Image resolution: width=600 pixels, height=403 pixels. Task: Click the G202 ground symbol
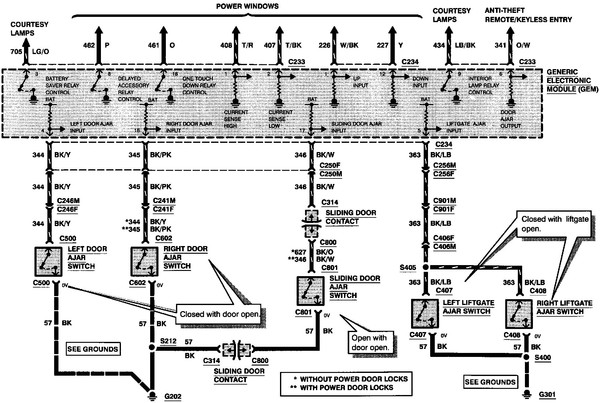[151, 394]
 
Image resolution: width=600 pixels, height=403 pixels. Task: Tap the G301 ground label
[547, 394]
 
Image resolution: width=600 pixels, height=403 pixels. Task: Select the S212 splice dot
[151, 347]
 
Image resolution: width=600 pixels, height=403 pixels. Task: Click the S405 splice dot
[426, 267]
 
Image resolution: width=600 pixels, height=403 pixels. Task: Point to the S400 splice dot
[526, 357]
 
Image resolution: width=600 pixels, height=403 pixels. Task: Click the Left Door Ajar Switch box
[48, 261]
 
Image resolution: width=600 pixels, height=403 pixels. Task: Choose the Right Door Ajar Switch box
[144, 261]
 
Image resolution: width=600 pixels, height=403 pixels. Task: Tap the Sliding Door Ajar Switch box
[310, 291]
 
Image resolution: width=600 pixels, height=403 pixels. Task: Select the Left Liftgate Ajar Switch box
[425, 314]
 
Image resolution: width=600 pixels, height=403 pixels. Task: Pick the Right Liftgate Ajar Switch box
[519, 314]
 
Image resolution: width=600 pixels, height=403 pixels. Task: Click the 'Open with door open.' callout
[371, 342]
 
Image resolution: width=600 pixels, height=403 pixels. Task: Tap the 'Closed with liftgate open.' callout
[554, 224]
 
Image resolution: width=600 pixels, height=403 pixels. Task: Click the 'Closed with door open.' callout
[219, 314]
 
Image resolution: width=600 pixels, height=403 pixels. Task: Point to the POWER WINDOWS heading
[247, 6]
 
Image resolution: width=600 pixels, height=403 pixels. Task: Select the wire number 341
[500, 45]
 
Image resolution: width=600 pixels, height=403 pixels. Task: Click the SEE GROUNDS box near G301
[490, 382]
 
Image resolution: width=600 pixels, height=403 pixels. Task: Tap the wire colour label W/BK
[349, 45]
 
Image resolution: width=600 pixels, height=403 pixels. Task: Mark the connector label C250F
[330, 165]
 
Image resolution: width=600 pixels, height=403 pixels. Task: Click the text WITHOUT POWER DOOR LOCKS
[354, 379]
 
